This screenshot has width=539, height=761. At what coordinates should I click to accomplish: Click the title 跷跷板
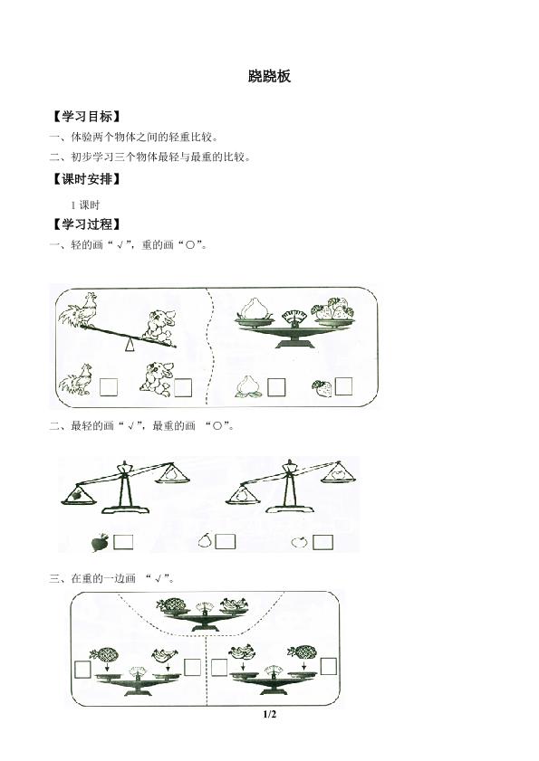click(269, 76)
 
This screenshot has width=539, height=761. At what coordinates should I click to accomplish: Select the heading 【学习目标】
click(87, 117)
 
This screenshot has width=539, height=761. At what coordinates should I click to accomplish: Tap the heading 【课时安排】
click(87, 179)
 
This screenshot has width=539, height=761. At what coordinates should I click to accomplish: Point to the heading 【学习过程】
click(87, 224)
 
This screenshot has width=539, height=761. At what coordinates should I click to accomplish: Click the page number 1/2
click(269, 714)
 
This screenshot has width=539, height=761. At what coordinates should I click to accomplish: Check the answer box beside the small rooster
click(109, 387)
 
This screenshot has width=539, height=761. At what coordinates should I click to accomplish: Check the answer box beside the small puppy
click(183, 387)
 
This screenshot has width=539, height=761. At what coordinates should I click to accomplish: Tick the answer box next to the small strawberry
click(343, 386)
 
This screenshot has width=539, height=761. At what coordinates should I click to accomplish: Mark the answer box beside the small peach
click(276, 387)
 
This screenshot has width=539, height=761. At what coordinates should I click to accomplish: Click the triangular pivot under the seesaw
click(130, 345)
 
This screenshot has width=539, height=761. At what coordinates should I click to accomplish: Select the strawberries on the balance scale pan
click(334, 309)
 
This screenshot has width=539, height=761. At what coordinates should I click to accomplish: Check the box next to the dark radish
click(123, 542)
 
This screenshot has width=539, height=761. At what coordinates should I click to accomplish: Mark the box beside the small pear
click(225, 542)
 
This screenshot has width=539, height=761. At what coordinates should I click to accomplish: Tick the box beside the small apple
click(322, 542)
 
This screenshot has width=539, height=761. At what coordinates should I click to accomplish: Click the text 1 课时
click(85, 205)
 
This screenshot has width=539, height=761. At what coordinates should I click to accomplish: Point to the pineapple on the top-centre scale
click(170, 604)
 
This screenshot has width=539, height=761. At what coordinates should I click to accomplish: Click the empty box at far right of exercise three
click(329, 666)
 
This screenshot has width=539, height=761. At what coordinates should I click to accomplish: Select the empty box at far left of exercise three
click(83, 670)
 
